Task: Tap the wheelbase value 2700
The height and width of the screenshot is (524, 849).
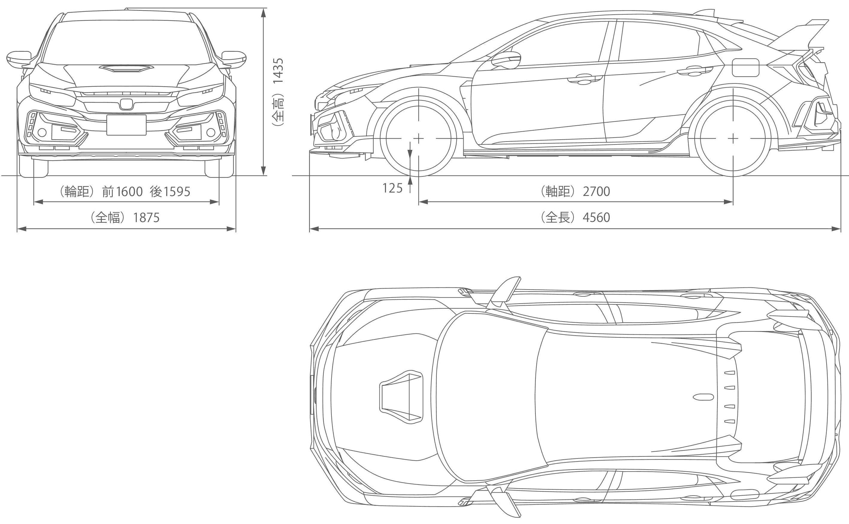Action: (x=597, y=191)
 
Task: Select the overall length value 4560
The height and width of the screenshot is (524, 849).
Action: (x=597, y=217)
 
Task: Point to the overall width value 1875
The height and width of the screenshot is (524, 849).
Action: (x=146, y=217)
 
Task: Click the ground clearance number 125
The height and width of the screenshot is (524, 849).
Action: (x=392, y=188)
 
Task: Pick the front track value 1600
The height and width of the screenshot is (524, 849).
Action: (x=129, y=191)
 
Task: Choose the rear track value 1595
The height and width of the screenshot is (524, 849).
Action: (x=177, y=191)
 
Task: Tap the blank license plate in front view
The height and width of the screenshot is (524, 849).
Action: (x=126, y=125)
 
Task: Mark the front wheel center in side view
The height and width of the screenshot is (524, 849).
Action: (x=419, y=138)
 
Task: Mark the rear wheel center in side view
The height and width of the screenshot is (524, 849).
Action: (x=733, y=138)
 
